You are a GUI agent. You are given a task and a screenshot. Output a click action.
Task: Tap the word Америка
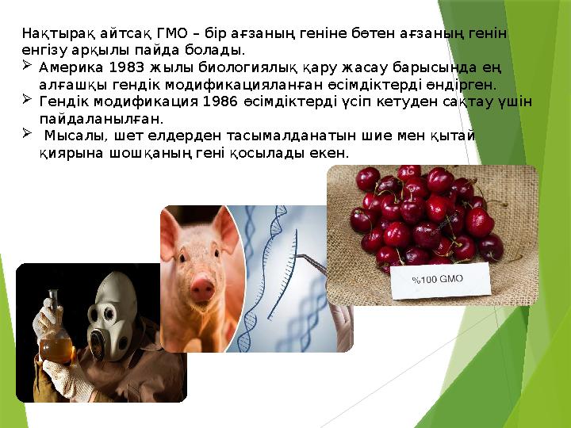point(69,67)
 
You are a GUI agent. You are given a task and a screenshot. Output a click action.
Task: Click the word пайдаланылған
point(101,119)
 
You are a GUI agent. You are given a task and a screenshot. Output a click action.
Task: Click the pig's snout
point(204,283)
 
